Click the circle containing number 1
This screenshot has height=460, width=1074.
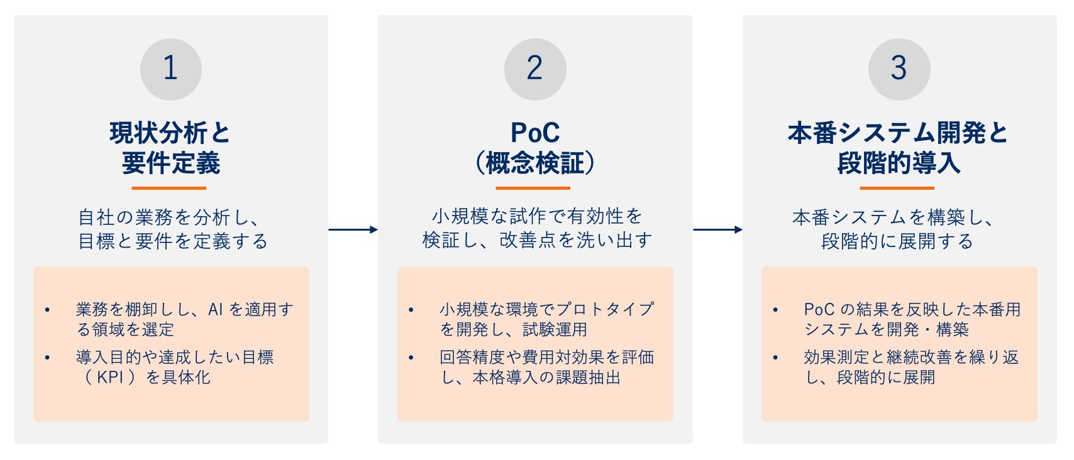170,69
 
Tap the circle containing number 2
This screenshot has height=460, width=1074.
534,69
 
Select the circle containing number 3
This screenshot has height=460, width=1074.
899,69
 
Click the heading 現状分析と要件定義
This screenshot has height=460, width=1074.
170,148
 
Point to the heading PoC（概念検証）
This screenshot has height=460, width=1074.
534,148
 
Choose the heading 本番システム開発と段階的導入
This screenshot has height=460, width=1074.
899,148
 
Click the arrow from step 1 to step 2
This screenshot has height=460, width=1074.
353,230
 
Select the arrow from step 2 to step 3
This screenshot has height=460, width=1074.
717,230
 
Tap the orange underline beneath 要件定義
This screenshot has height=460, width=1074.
169,188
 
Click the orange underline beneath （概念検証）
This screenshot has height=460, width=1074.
533,188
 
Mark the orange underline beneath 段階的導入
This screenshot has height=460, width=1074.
897,188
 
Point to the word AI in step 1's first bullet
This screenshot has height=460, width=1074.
216,310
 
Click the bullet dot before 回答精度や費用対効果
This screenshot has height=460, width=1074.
411,358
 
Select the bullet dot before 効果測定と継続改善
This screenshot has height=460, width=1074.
775,358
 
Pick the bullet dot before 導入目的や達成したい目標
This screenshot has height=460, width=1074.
47,358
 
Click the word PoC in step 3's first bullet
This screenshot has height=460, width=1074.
819,310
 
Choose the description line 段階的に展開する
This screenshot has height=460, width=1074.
897,241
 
